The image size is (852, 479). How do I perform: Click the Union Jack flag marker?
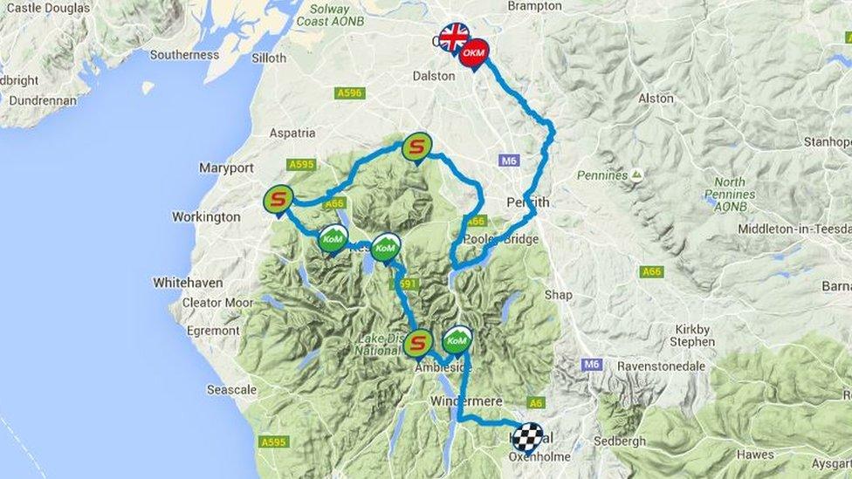click(453, 38)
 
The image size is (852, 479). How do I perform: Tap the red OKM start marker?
click(473, 53)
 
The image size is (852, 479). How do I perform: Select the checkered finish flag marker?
click(527, 437)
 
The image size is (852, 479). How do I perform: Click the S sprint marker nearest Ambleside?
click(418, 343)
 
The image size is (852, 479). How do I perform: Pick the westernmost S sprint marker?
click(278, 199)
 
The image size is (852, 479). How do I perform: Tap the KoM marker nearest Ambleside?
click(457, 339)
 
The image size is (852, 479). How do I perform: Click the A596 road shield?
click(349, 92)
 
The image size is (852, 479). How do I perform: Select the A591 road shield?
click(406, 284)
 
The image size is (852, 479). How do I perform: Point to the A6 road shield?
click(536, 402)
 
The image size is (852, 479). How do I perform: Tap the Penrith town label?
click(528, 202)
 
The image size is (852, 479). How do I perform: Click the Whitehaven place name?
click(188, 283)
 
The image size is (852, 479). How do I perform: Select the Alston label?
click(656, 99)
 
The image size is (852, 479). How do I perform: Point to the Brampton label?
click(534, 6)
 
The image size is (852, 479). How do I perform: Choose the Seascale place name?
click(231, 390)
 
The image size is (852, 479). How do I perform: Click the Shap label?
click(559, 295)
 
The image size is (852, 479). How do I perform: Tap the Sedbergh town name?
click(620, 441)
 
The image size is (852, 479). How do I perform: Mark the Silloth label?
click(269, 58)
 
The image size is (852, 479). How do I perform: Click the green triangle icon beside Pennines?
click(636, 174)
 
